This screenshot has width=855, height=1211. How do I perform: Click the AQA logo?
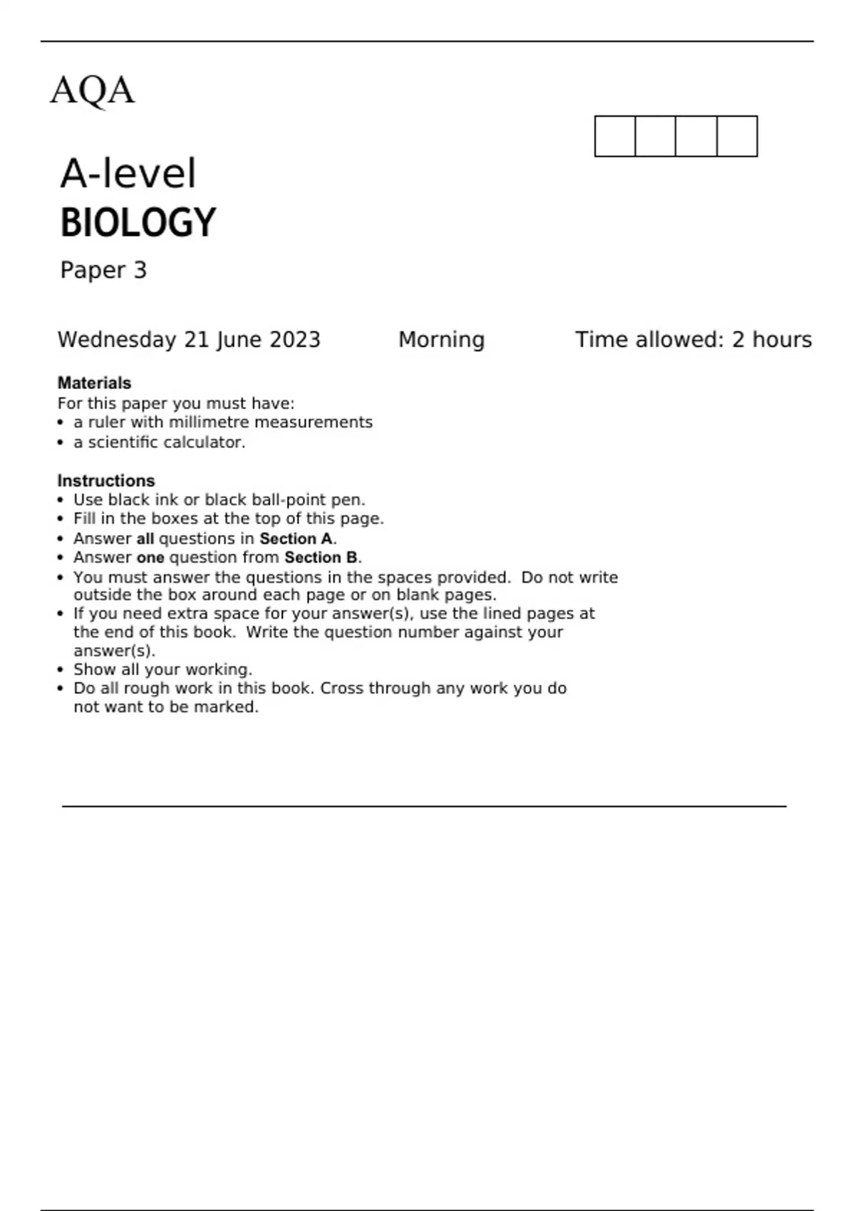pyautogui.click(x=92, y=90)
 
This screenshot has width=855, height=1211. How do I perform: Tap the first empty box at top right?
pyautogui.click(x=615, y=136)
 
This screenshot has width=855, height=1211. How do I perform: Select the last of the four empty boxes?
pyautogui.click(x=737, y=136)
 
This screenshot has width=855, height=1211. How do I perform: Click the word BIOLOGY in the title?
pyautogui.click(x=138, y=222)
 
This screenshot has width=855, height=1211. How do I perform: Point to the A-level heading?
pyautogui.click(x=128, y=173)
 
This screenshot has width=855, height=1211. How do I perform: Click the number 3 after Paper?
pyautogui.click(x=140, y=270)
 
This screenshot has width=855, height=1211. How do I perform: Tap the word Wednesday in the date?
pyautogui.click(x=117, y=340)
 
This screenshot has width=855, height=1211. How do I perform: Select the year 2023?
pyautogui.click(x=294, y=340)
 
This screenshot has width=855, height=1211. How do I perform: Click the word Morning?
pyautogui.click(x=441, y=340)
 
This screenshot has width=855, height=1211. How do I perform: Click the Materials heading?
pyautogui.click(x=94, y=383)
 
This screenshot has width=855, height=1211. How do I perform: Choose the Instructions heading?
pyautogui.click(x=105, y=481)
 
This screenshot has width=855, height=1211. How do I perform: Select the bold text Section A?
pyautogui.click(x=296, y=539)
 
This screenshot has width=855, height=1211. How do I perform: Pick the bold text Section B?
pyautogui.click(x=321, y=557)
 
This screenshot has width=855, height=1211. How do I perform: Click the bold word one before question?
pyautogui.click(x=150, y=557)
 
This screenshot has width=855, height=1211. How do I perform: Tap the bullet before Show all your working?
pyautogui.click(x=61, y=670)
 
